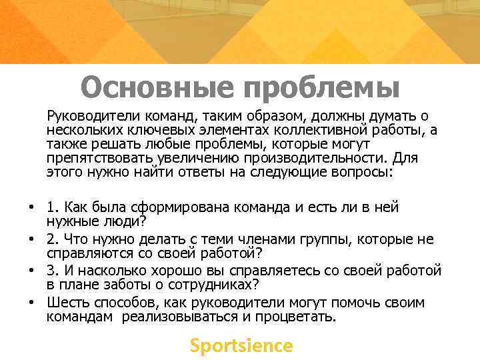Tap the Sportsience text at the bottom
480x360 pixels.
(241, 345)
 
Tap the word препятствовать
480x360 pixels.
(99, 158)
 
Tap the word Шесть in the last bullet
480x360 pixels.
(65, 302)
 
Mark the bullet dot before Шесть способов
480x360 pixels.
(31, 302)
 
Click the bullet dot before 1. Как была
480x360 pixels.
(31, 207)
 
